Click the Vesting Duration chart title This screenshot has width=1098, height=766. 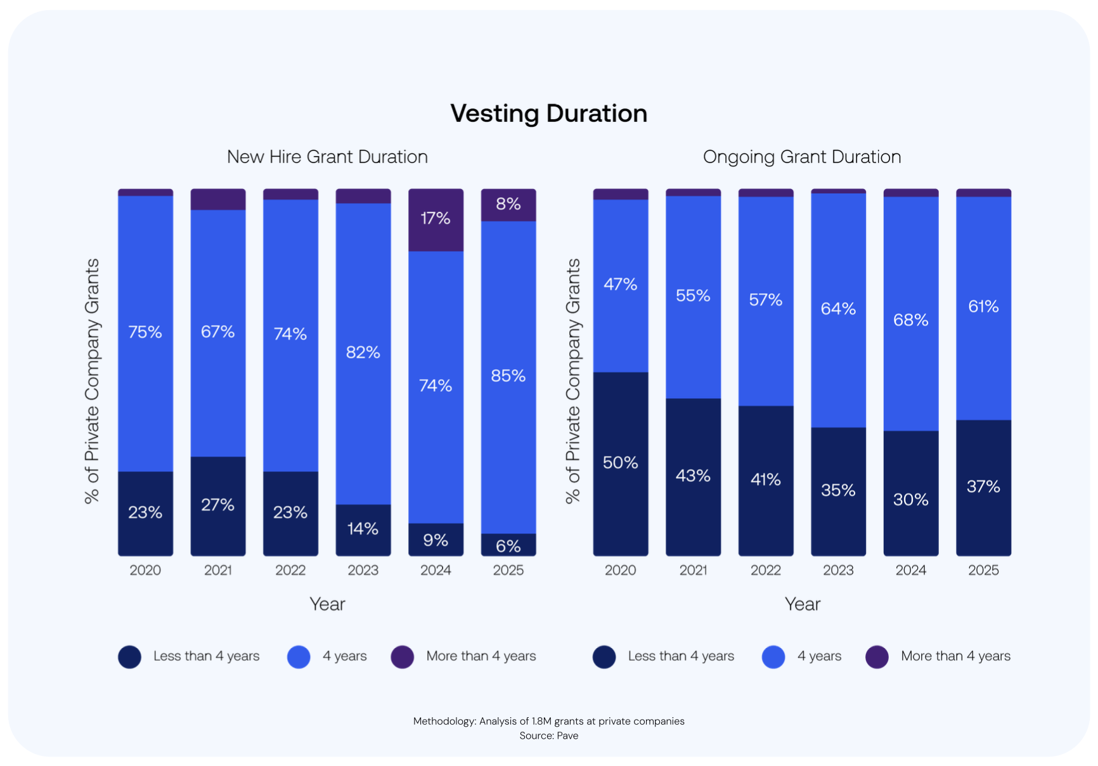coord(548,114)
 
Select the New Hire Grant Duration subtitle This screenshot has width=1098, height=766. coord(327,157)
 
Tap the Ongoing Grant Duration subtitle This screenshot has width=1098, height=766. coord(801,157)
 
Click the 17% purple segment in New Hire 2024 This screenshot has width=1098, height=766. coord(436,219)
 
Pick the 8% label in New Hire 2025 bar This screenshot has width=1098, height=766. coord(508,204)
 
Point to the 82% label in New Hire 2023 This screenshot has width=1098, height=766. coord(363,353)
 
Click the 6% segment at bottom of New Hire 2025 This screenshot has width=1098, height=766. coord(508,545)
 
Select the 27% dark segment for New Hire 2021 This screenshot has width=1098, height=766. coord(217,505)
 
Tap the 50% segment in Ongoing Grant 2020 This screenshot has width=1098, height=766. coord(620,463)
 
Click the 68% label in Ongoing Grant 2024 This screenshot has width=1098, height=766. coord(910,320)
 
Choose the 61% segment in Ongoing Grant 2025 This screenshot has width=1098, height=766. coord(983,308)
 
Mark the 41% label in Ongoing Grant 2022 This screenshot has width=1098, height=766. coord(765,480)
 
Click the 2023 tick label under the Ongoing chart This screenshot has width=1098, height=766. coord(838,570)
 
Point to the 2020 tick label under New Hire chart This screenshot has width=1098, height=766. coord(145,570)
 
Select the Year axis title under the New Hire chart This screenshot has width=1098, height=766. coord(327,604)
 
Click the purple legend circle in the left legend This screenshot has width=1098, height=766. coord(403,657)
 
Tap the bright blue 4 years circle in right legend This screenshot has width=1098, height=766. coord(773,657)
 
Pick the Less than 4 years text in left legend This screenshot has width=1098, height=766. coord(206,656)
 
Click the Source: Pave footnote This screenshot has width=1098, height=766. coord(548,736)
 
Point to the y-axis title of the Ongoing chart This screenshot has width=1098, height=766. coord(573,380)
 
